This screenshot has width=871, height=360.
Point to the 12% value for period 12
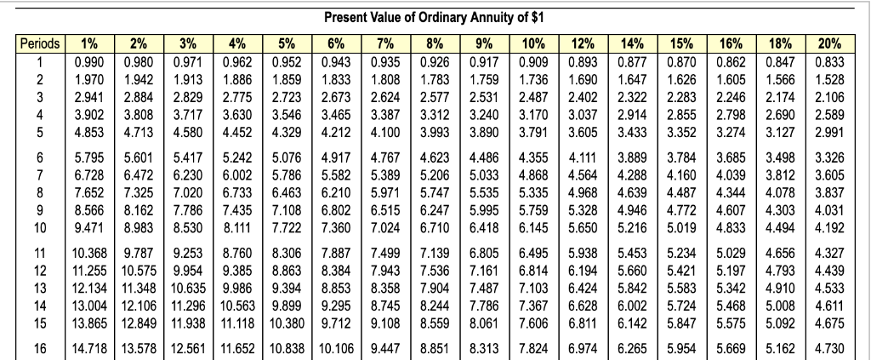(x=581, y=269)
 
